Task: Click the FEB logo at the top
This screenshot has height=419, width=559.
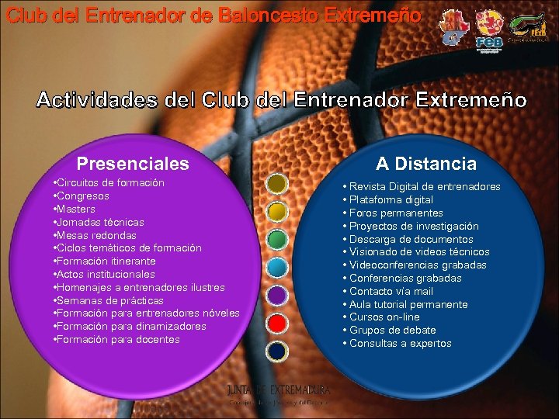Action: (x=490, y=31)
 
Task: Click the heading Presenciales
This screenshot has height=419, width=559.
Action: (x=133, y=164)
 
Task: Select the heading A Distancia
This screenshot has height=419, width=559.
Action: (x=426, y=164)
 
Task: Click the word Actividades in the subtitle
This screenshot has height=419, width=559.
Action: (x=99, y=101)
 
